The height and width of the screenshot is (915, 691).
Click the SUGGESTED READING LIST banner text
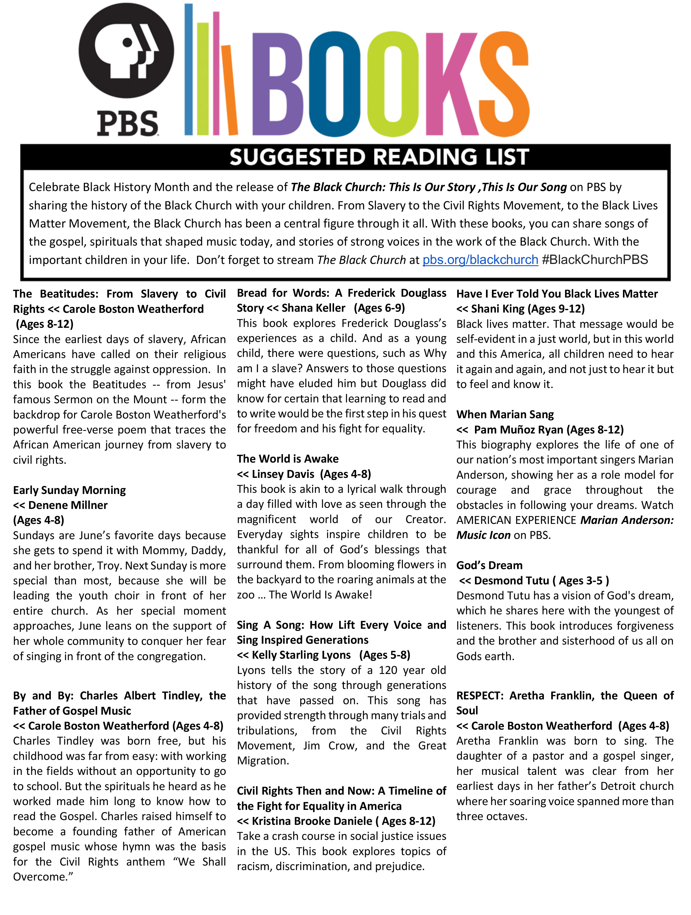pyautogui.click(x=379, y=157)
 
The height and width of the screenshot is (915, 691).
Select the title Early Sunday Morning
pyautogui.click(x=69, y=490)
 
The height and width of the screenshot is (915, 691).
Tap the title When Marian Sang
pyautogui.click(x=505, y=415)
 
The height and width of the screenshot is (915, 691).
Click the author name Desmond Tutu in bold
pyautogui.click(x=511, y=581)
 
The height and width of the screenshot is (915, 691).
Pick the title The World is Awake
pyautogui.click(x=288, y=459)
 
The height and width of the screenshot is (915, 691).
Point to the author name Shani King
pyautogui.click(x=498, y=309)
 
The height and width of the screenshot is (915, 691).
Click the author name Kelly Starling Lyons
pyautogui.click(x=301, y=655)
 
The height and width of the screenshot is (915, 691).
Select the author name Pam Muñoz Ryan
pyautogui.click(x=518, y=430)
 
